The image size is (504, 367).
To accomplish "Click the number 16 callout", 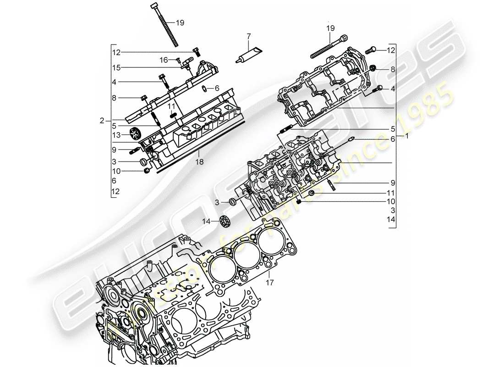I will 164,60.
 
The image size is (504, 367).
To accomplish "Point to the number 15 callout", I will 116,67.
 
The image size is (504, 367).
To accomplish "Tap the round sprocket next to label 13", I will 135,134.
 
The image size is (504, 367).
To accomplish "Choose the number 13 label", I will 116,135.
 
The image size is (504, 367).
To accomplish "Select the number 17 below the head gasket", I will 269,283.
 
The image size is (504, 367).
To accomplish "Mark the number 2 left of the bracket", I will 102,121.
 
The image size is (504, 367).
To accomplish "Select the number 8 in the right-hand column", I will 392,69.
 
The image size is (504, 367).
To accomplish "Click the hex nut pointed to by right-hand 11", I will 312,194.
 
